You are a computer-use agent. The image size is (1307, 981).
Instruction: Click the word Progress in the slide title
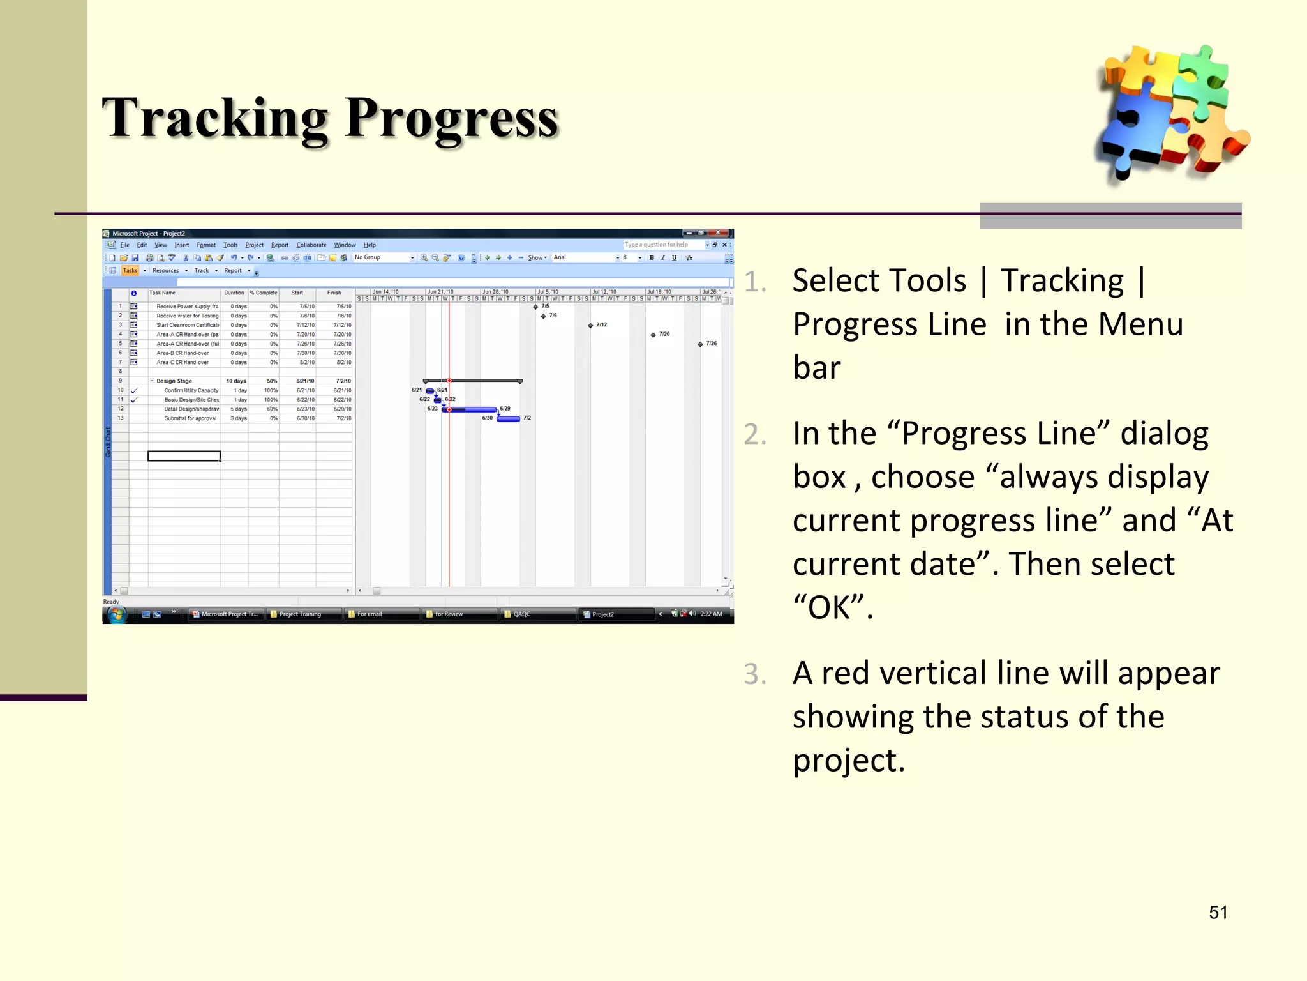click(451, 119)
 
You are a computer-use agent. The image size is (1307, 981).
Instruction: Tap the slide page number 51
click(1218, 912)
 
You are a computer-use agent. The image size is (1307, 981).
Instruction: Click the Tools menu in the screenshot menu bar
click(230, 245)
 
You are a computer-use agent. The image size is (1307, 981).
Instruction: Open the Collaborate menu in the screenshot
click(311, 245)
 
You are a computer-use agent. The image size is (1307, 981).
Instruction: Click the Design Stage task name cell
click(174, 381)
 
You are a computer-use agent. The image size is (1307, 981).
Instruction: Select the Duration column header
click(234, 293)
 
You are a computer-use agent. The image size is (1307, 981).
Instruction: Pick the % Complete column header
click(264, 293)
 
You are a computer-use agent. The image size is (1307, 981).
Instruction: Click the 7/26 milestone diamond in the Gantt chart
click(700, 344)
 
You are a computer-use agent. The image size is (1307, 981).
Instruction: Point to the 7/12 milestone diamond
click(590, 325)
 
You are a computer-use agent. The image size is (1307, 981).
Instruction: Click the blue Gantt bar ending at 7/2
click(508, 419)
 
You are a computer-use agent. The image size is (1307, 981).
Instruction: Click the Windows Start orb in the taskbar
click(117, 614)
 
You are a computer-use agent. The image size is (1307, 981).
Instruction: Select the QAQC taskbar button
click(521, 614)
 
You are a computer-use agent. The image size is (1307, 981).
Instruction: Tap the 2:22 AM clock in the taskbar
click(711, 614)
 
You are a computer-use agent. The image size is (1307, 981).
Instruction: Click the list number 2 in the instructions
click(755, 434)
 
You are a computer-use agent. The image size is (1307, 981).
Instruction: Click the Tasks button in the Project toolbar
click(130, 270)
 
